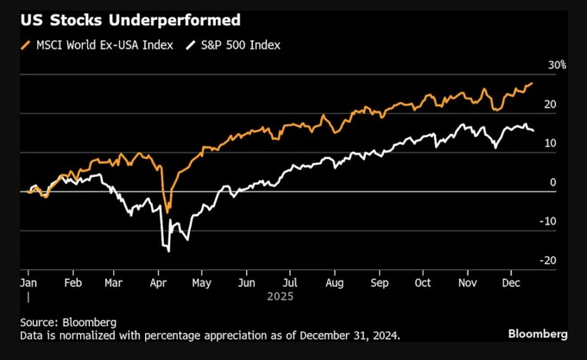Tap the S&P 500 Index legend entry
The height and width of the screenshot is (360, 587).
pyautogui.click(x=232, y=45)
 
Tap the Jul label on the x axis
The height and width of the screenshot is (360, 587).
pyautogui.click(x=291, y=281)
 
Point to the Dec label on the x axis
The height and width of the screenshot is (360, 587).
pyautogui.click(x=510, y=281)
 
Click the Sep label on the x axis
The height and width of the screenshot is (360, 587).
pyautogui.click(x=380, y=281)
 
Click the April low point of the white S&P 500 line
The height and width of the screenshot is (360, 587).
pyautogui.click(x=168, y=251)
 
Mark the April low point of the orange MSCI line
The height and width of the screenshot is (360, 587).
pyautogui.click(x=167, y=211)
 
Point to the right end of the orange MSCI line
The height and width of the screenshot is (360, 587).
pyautogui.click(x=533, y=83)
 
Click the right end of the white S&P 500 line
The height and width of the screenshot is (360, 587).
pyautogui.click(x=533, y=130)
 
